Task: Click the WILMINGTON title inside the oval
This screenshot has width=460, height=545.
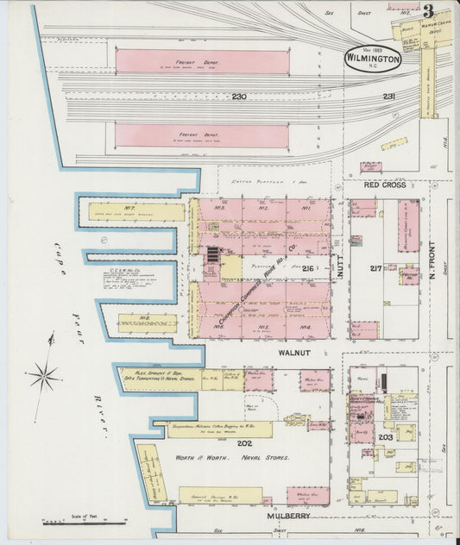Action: click(x=372, y=60)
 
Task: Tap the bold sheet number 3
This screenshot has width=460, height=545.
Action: click(x=428, y=11)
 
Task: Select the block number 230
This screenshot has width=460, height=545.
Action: click(x=239, y=97)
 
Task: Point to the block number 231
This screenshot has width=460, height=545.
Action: click(x=389, y=97)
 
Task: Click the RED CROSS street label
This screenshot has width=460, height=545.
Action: click(x=384, y=185)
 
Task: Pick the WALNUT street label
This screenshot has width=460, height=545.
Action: click(x=293, y=353)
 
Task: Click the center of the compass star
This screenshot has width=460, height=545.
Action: click(x=43, y=377)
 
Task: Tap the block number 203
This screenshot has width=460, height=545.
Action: click(x=384, y=437)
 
